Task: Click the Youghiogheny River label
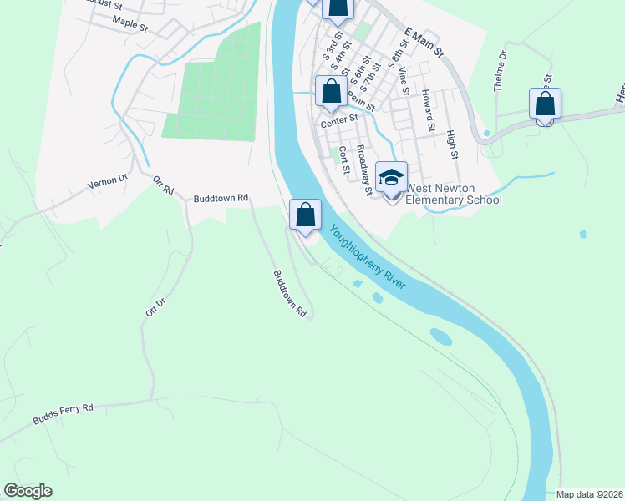(x=368, y=258)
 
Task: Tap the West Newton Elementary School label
(x=453, y=194)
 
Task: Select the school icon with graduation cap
(x=391, y=178)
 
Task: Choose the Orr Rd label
(x=163, y=185)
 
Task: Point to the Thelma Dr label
(x=501, y=68)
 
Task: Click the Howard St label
(x=428, y=110)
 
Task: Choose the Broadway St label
(x=364, y=170)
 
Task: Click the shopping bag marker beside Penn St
(x=331, y=92)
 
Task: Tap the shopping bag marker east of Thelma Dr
(x=545, y=104)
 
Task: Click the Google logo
(x=28, y=491)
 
